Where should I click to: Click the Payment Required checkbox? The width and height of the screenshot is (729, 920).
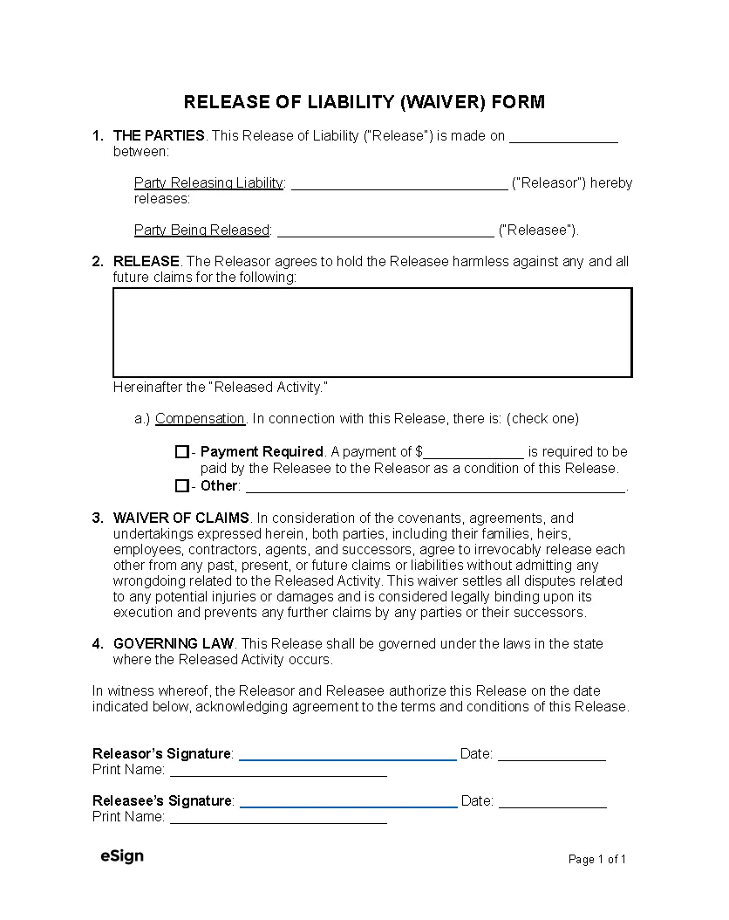pyautogui.click(x=181, y=452)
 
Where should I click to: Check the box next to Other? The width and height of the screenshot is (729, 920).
pyautogui.click(x=181, y=486)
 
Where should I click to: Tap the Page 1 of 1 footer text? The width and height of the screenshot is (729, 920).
pyautogui.click(x=597, y=860)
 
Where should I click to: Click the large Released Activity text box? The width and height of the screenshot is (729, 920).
pyautogui.click(x=372, y=333)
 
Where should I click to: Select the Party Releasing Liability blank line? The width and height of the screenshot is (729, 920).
pyautogui.click(x=399, y=184)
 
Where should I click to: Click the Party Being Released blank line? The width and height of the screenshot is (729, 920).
pyautogui.click(x=385, y=231)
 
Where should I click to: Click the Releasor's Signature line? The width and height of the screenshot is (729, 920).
pyautogui.click(x=347, y=755)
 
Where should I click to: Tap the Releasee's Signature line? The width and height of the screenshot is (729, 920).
pyautogui.click(x=348, y=802)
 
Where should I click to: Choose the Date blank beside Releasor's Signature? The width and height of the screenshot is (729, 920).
pyautogui.click(x=551, y=755)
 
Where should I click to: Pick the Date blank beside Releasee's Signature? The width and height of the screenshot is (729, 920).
pyautogui.click(x=552, y=802)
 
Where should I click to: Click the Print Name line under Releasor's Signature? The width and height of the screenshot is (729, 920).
pyautogui.click(x=278, y=771)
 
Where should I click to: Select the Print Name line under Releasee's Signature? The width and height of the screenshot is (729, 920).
pyautogui.click(x=278, y=818)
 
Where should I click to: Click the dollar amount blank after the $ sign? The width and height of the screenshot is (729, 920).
pyautogui.click(x=474, y=453)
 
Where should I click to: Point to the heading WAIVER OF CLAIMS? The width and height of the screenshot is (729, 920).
pyautogui.click(x=181, y=518)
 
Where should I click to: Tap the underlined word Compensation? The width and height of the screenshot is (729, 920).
pyautogui.click(x=200, y=419)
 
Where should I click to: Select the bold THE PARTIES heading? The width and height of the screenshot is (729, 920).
pyautogui.click(x=159, y=135)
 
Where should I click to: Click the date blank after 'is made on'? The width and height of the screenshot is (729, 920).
pyautogui.click(x=563, y=137)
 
